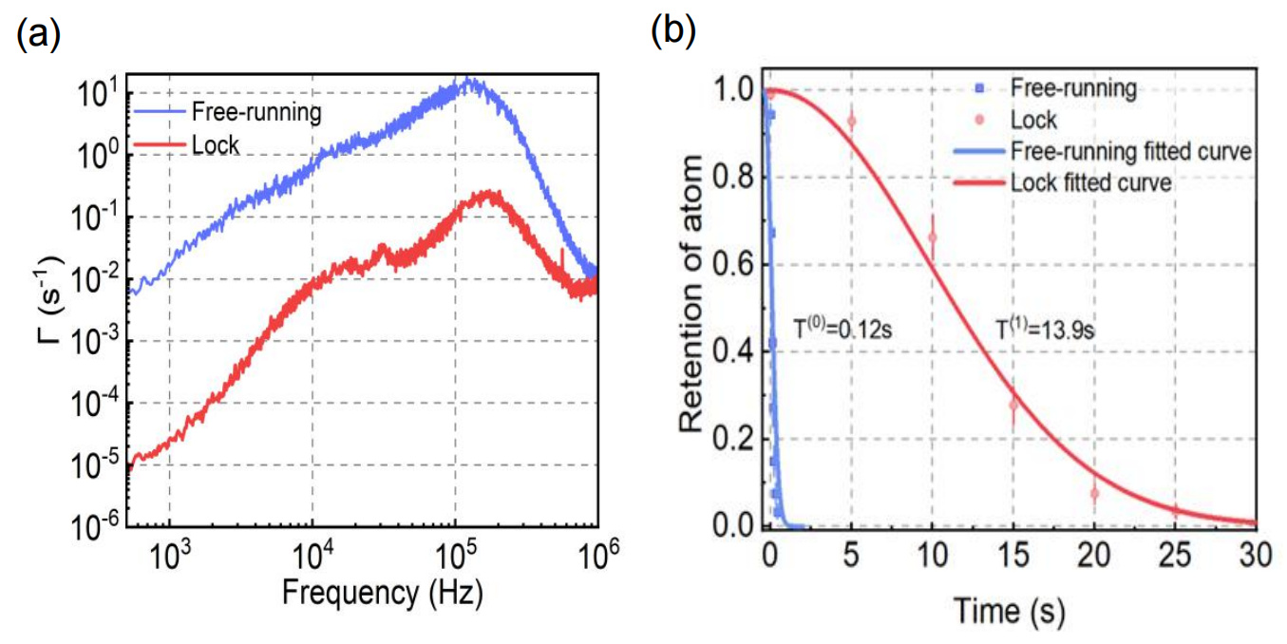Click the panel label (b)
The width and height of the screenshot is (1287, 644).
[672, 30]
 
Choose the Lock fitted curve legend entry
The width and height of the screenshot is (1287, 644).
[1091, 181]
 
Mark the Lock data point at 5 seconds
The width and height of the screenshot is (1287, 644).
[851, 122]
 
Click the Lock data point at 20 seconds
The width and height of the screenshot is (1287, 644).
[1094, 493]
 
